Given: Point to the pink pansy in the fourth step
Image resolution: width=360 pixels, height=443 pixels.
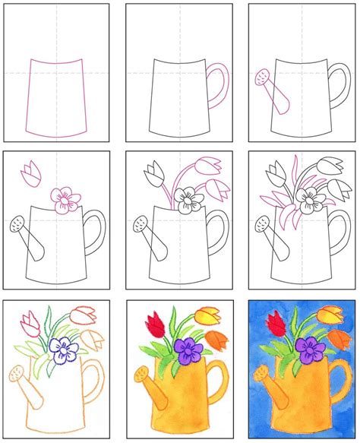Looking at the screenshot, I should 65,198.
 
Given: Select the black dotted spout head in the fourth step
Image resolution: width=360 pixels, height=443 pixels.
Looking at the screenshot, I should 16,224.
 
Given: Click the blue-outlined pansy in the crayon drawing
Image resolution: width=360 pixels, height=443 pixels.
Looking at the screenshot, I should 62,349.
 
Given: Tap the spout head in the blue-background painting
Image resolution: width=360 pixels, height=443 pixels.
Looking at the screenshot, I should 260,374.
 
